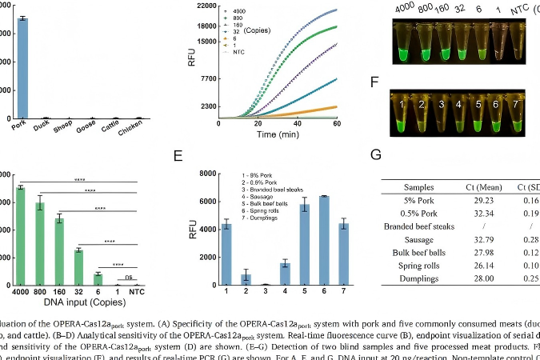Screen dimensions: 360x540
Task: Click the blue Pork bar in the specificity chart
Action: (23, 68)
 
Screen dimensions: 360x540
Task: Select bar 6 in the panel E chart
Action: (324, 240)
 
